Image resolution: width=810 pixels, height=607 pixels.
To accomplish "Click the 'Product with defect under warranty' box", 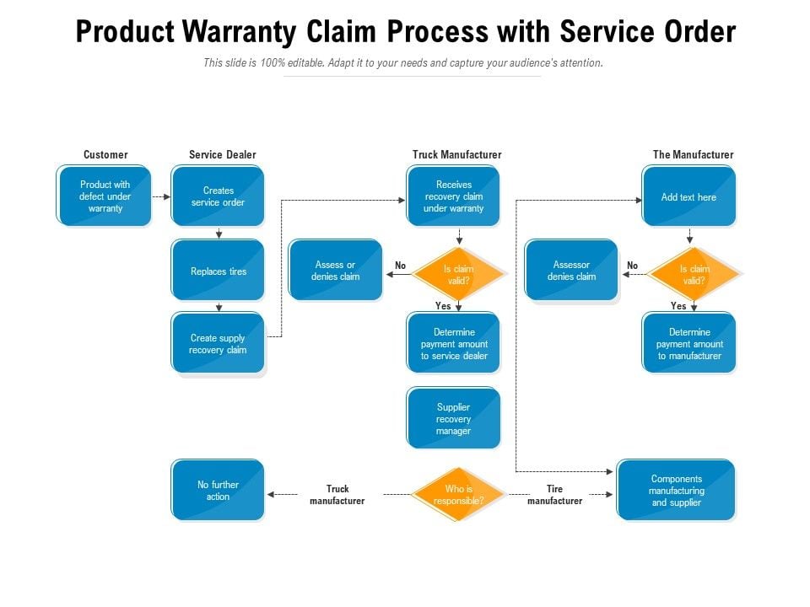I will pos(104,196).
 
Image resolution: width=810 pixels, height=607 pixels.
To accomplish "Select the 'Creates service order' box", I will pos(218,196).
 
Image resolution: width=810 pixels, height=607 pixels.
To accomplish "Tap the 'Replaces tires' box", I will pos(218,271).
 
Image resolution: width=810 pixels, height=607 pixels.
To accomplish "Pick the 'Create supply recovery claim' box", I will pos(218,343).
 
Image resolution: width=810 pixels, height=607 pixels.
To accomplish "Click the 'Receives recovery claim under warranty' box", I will pos(453,196).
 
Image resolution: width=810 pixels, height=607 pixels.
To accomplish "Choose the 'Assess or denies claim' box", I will pos(335,271).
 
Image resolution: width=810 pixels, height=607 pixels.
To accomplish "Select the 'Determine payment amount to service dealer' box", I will pos(453,343).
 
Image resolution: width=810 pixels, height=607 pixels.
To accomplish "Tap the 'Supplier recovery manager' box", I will pos(453,418).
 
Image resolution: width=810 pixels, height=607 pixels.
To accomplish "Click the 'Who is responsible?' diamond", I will pos(458,495).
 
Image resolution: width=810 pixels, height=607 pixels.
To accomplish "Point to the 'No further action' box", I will pos(218,491).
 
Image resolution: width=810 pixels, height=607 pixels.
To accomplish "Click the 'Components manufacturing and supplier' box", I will pos(676,491).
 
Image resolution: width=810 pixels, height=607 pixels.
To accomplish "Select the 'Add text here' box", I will pos(688,196).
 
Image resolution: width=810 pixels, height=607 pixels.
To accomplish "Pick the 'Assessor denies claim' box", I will pos(571,271).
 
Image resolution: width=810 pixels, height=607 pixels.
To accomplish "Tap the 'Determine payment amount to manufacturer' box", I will pos(688,343).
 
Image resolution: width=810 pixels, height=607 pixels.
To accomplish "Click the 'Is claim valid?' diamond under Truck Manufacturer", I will pos(458,274).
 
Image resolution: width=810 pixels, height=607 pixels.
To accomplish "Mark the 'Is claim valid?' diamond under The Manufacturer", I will pos(694,274).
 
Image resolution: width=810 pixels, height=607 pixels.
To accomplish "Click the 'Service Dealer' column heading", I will pos(222,154).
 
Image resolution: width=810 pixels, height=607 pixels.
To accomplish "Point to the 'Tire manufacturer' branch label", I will pos(554,495).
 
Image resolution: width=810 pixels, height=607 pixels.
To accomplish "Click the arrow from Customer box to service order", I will pos(161,196).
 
